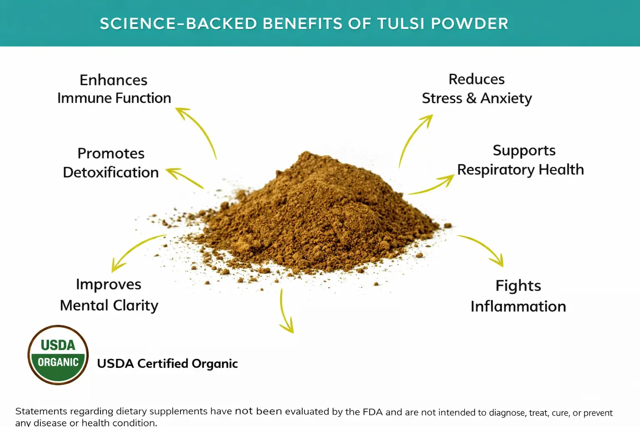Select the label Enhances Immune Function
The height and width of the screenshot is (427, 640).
(x=114, y=89)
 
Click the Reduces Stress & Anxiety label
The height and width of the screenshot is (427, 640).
(x=477, y=89)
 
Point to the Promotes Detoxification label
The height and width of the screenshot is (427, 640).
(x=111, y=163)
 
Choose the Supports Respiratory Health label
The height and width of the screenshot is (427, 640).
(x=520, y=160)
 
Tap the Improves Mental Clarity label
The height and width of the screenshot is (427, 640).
(x=109, y=294)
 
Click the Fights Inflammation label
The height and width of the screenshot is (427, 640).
(x=518, y=296)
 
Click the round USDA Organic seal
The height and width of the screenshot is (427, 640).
(x=58, y=354)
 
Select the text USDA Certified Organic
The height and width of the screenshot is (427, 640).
(x=167, y=364)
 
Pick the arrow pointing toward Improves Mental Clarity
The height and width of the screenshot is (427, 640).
(x=134, y=248)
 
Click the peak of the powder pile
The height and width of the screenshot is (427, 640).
(x=306, y=152)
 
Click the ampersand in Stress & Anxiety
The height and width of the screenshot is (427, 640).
(x=471, y=98)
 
